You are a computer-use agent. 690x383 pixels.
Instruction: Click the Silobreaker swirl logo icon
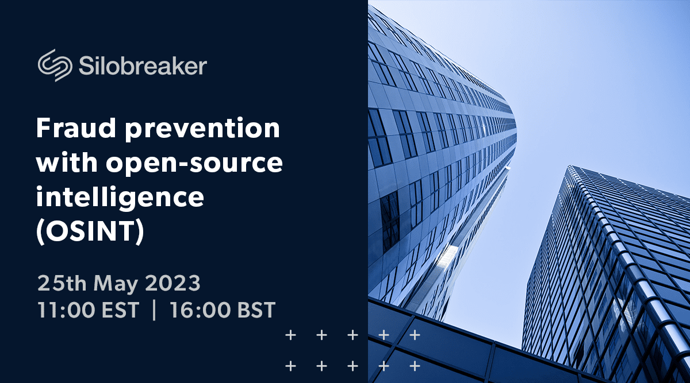(55, 65)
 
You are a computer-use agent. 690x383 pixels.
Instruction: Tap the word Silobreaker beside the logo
(143, 65)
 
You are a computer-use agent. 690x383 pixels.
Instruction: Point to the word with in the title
(67, 162)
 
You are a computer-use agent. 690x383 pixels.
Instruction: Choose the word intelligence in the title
(120, 198)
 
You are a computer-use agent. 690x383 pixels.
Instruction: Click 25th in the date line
(62, 283)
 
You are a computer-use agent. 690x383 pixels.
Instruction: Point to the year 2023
(173, 283)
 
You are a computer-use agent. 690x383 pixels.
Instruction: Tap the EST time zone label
(120, 310)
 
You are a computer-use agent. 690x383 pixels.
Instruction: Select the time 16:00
(200, 310)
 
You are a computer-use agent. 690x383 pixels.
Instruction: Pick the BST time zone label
(256, 310)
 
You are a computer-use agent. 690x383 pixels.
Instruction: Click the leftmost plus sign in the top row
(291, 335)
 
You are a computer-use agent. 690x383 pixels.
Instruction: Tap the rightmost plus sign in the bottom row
(415, 366)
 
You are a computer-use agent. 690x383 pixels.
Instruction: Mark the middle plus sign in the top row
(352, 335)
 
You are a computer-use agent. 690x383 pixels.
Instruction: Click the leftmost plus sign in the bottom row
(291, 366)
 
